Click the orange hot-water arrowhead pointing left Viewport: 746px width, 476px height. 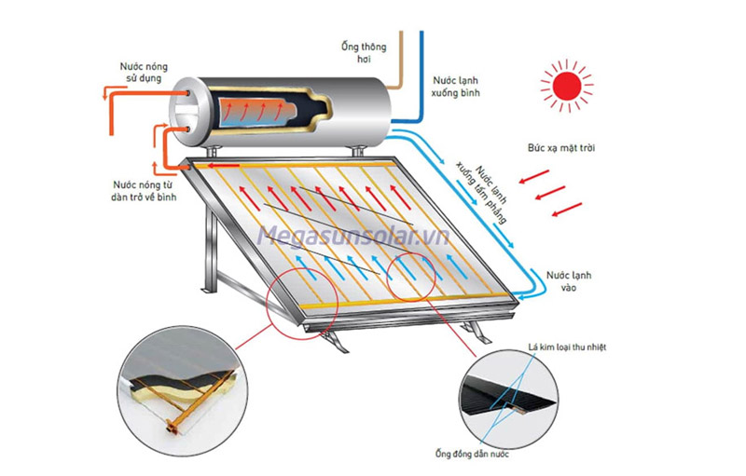102,93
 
